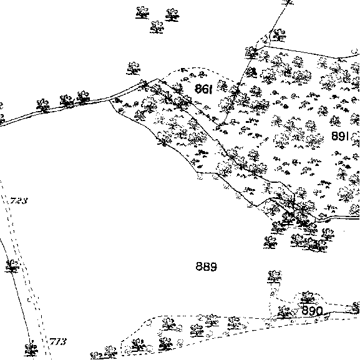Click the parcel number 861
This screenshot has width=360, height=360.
(x=203, y=89)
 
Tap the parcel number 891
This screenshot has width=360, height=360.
(x=340, y=136)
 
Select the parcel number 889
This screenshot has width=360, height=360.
(x=206, y=266)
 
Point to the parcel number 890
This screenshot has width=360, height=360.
(x=312, y=311)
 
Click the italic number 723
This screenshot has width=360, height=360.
(x=19, y=201)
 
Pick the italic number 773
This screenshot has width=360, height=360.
(x=58, y=342)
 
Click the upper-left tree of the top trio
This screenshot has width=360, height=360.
(x=142, y=12)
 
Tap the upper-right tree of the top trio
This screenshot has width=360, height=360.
(x=172, y=15)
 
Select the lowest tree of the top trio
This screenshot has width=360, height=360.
(x=157, y=27)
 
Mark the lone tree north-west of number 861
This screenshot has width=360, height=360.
(x=134, y=69)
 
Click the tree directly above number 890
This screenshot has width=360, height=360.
(x=308, y=297)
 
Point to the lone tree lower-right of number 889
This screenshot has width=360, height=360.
(x=275, y=278)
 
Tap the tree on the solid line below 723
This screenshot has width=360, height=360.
(x=12, y=266)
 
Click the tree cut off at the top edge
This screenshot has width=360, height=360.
(x=288, y=2)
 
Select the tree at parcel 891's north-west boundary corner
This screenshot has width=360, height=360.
(x=251, y=53)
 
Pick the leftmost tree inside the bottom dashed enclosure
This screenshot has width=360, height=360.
(x=139, y=345)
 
